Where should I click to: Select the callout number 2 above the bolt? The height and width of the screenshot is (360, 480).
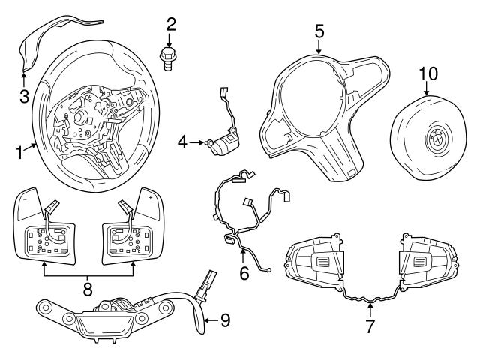pyautogui.click(x=171, y=24)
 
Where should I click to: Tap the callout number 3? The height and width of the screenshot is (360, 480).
pyautogui.click(x=23, y=95)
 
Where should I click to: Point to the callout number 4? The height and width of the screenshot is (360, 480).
pyautogui.click(x=182, y=140)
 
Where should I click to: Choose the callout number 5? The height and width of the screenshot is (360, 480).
pyautogui.click(x=319, y=31)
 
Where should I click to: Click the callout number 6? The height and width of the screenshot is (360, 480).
pyautogui.click(x=244, y=274)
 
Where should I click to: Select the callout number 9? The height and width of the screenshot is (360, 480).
pyautogui.click(x=225, y=320)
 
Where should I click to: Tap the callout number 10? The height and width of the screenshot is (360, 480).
pyautogui.click(x=427, y=73)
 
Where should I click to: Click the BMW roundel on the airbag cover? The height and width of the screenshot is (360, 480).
pyautogui.click(x=436, y=140)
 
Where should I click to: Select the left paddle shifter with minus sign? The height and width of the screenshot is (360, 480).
pyautogui.click(x=45, y=225)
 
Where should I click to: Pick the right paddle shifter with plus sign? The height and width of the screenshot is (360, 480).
pyautogui.click(x=132, y=225)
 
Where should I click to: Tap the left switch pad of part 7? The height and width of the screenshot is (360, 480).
pyautogui.click(x=316, y=262)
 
